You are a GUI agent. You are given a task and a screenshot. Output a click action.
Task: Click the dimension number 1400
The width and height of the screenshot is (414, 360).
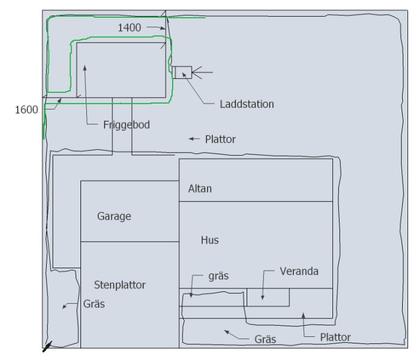click(x=130, y=27)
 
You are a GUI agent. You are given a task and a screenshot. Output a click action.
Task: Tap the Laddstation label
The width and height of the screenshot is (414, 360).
click(x=247, y=104)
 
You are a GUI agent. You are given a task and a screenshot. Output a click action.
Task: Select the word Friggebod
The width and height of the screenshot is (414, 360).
click(x=127, y=125)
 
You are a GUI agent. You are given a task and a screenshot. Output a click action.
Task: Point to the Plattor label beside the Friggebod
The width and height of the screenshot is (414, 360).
click(x=220, y=140)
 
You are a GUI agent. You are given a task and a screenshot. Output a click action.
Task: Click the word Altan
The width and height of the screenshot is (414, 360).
click(x=200, y=189)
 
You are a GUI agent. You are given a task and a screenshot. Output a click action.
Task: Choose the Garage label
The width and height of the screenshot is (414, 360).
click(x=114, y=216)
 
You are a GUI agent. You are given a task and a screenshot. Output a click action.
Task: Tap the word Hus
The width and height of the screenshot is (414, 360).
click(x=209, y=240)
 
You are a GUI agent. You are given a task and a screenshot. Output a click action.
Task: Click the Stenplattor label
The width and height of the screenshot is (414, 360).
click(x=120, y=285)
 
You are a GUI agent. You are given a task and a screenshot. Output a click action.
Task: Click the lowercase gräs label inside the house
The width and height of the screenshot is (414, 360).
click(x=218, y=276)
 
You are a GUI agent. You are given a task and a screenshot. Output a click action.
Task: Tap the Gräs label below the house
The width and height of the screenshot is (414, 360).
click(x=265, y=340)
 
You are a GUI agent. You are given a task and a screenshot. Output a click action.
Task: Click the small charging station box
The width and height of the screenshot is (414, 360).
click(x=183, y=72)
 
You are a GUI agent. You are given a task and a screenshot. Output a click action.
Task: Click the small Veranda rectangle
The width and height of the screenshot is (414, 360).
click(x=267, y=297)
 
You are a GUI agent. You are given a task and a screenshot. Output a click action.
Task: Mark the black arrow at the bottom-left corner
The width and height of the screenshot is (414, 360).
click(x=46, y=347)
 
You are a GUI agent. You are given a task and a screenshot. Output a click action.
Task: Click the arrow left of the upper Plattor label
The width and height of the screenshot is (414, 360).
click(x=193, y=139)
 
